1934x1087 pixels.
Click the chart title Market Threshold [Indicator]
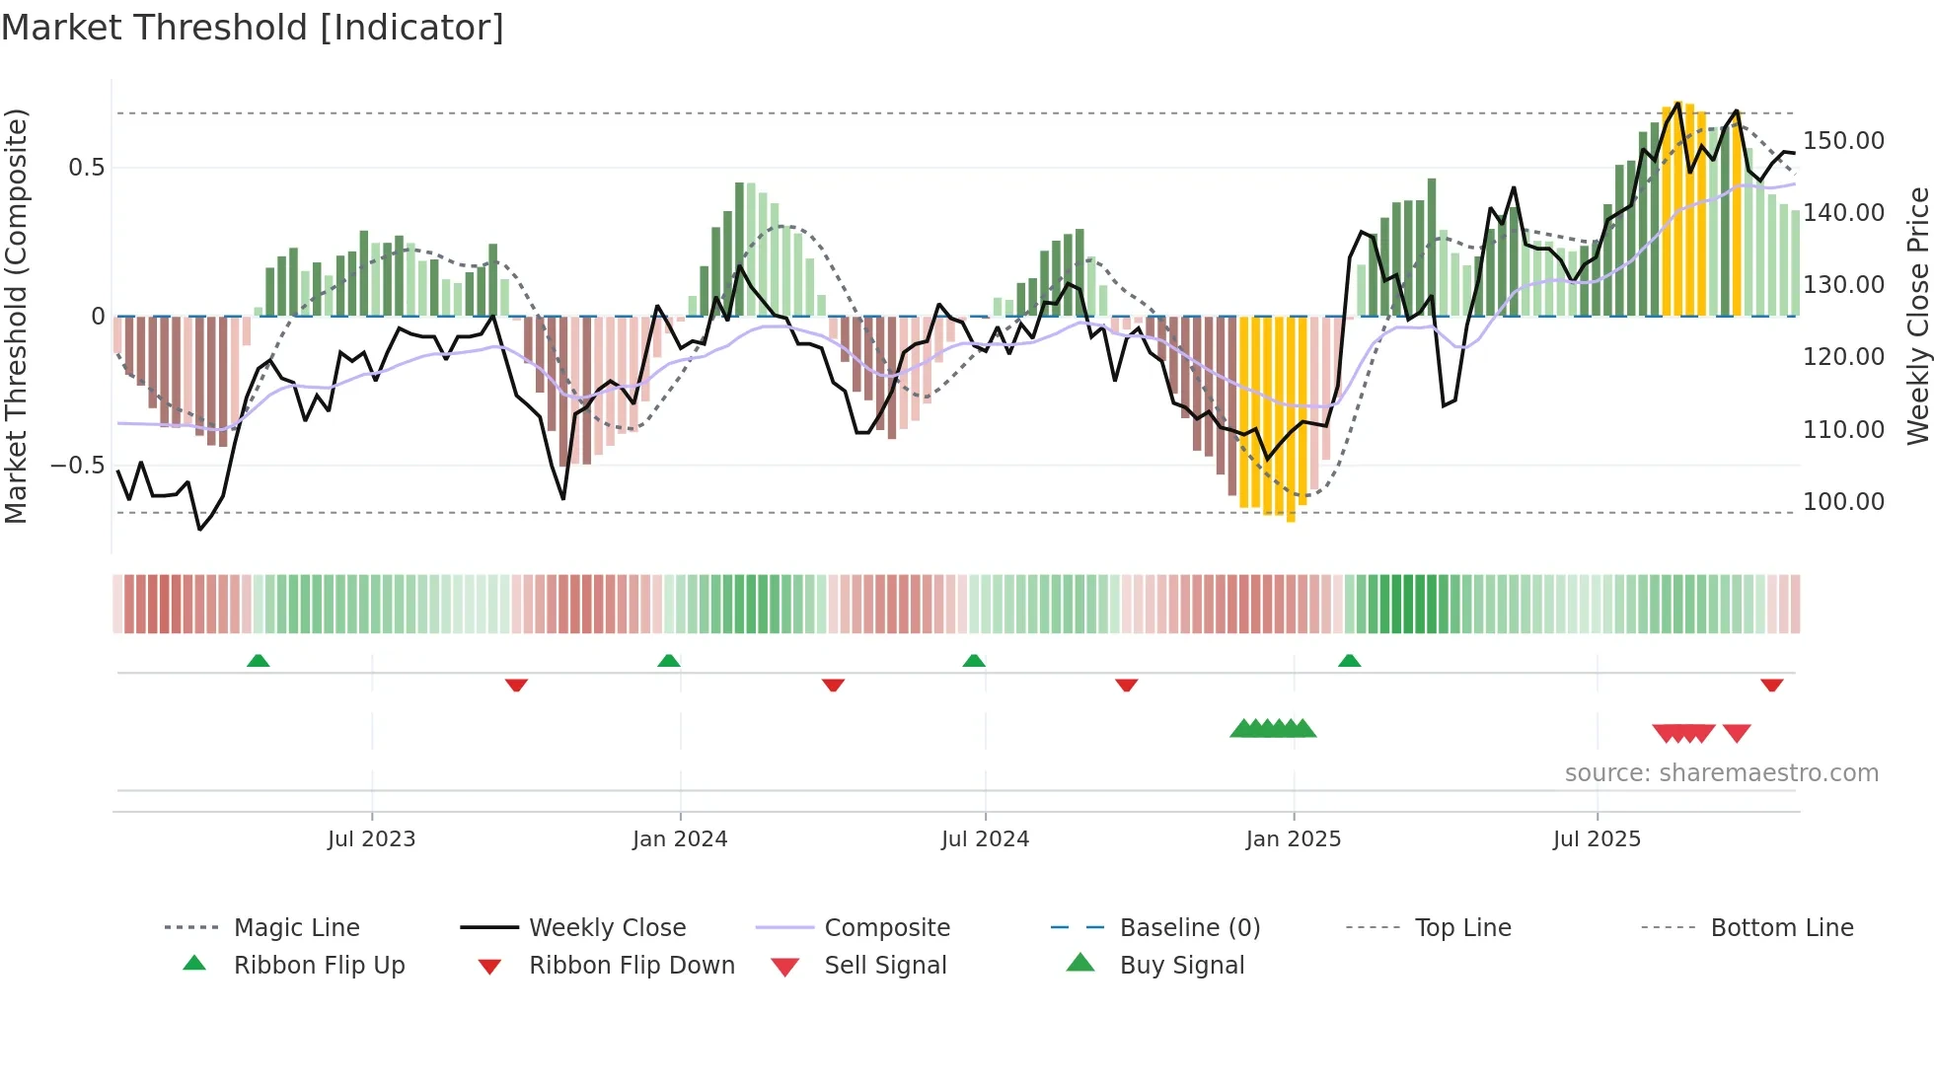point(253,28)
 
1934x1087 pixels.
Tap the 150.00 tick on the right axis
point(1843,141)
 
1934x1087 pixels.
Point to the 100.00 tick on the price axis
point(1843,502)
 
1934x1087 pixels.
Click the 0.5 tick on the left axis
point(86,168)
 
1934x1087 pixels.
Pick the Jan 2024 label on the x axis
point(680,839)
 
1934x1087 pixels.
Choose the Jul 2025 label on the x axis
point(1597,839)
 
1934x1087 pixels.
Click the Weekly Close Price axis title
point(1917,316)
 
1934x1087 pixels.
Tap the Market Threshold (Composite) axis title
point(16,316)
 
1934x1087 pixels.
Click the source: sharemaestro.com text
point(1721,773)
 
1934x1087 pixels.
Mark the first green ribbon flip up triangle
point(259,661)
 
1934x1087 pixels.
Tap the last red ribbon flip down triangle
point(1771,685)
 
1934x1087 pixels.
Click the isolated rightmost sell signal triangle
point(1737,733)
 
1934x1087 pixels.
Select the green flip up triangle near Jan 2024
point(669,661)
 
